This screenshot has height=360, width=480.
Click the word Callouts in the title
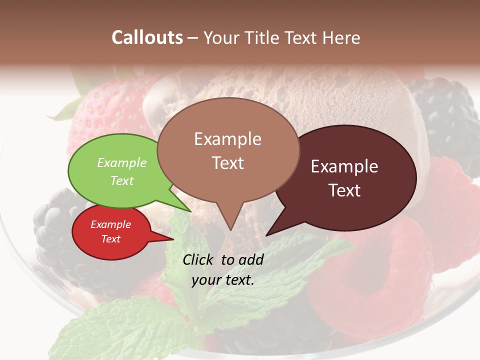pos(147,37)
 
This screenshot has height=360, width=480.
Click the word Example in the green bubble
pos(122,163)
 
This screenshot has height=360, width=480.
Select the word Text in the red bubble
pos(110,239)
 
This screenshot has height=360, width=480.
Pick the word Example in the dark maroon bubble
pos(344,166)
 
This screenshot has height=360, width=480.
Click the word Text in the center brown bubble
pos(228,163)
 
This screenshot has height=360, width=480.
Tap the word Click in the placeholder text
pos(199,259)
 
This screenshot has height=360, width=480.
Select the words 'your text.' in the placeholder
pos(223,280)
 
